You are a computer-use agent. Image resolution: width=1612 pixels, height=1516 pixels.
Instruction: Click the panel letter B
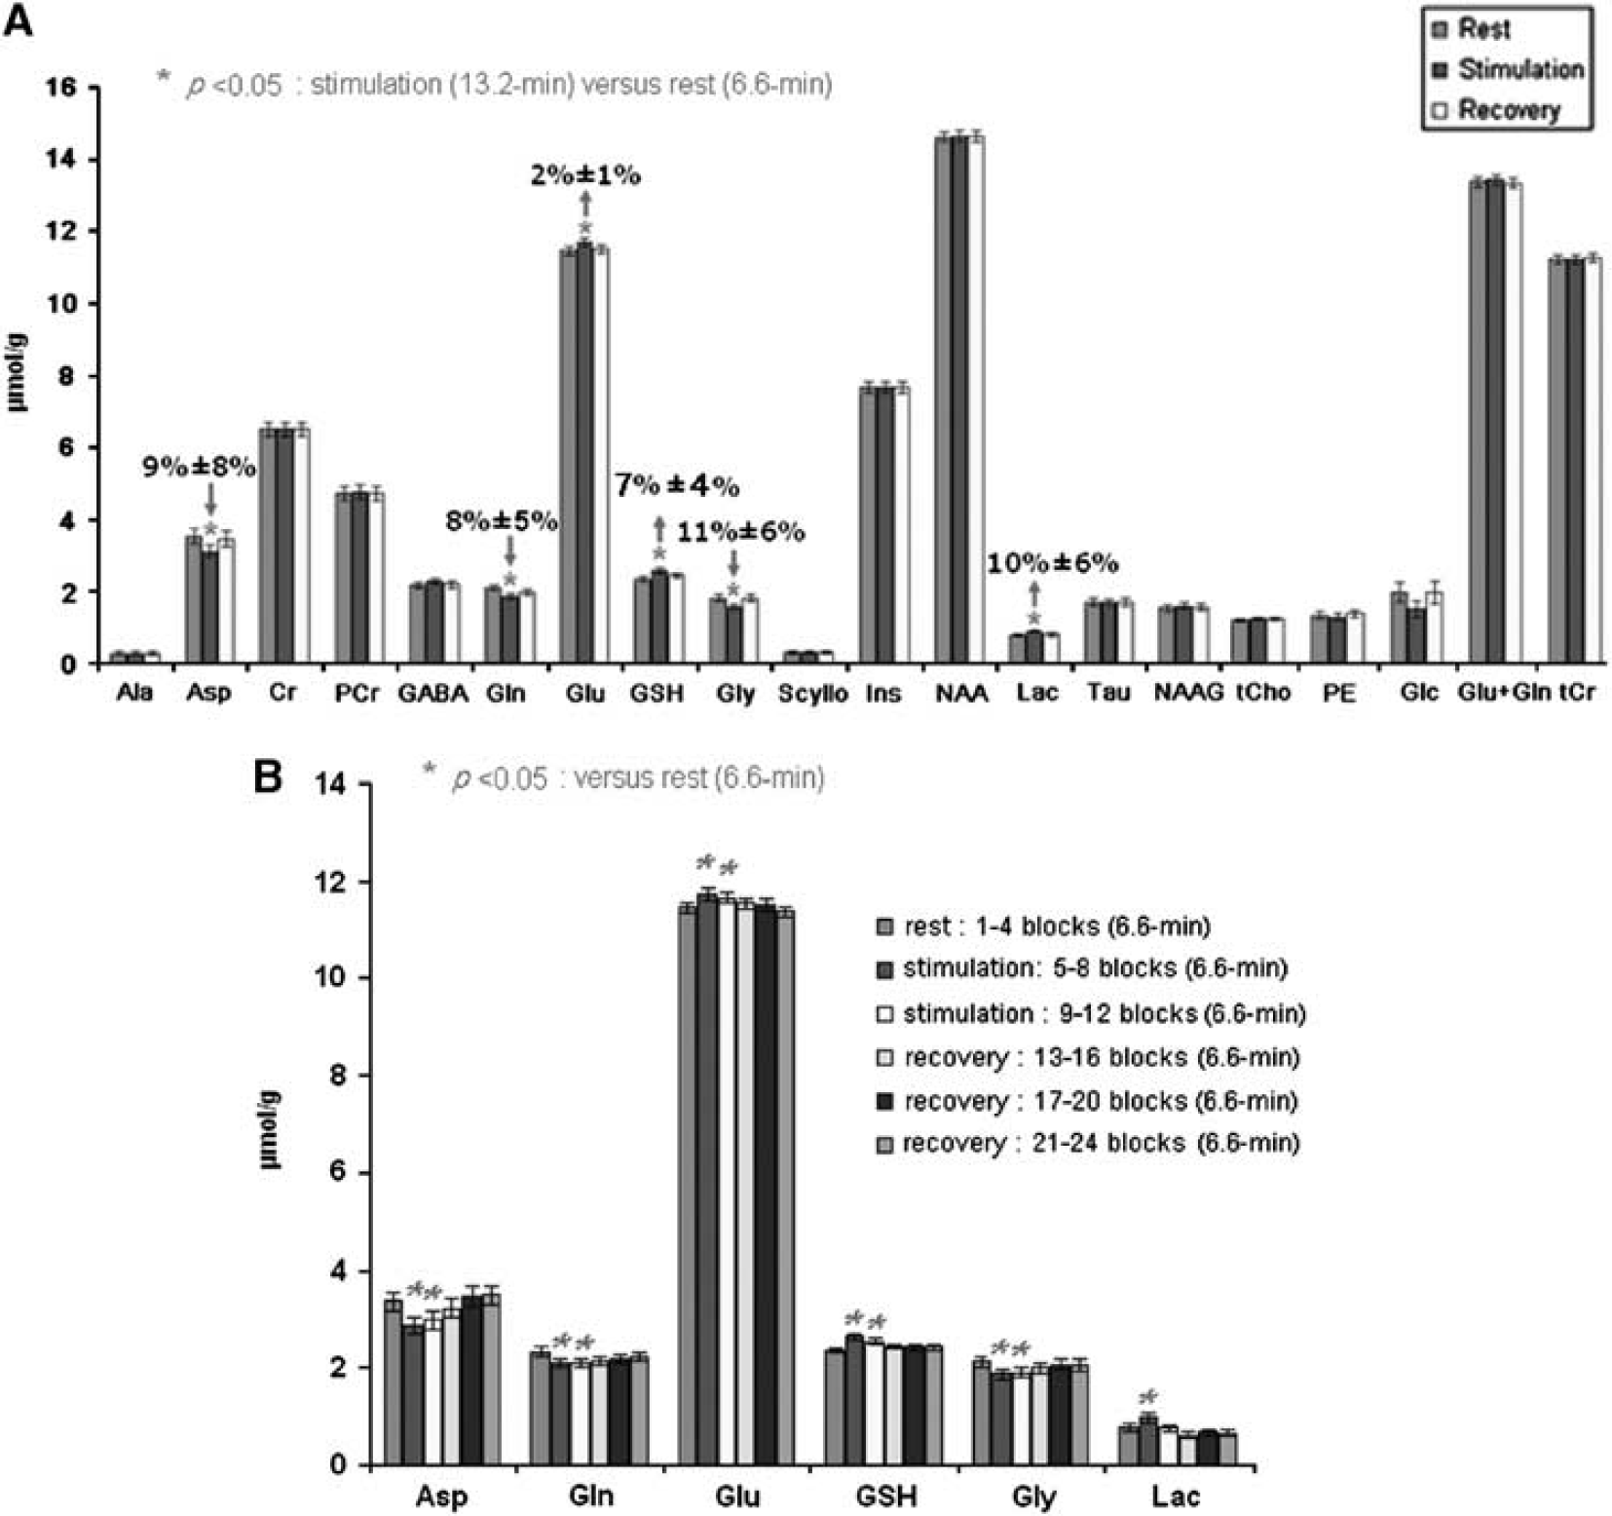click(x=268, y=777)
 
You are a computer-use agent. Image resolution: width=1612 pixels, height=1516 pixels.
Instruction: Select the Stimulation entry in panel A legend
click(x=1509, y=69)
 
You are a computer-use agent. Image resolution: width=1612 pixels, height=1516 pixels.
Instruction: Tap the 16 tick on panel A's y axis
click(x=60, y=88)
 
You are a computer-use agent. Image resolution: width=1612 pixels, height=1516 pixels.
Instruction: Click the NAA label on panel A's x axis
click(x=961, y=693)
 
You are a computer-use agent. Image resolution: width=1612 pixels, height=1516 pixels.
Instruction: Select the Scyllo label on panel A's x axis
click(x=812, y=693)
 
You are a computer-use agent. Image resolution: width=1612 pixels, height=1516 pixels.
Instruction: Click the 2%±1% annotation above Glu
click(x=585, y=175)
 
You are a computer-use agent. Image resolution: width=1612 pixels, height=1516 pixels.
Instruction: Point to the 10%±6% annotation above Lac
click(x=1052, y=563)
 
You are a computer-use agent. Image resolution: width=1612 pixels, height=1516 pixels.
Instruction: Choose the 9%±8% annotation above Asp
click(x=200, y=468)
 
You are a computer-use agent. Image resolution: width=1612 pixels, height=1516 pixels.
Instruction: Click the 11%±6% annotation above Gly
click(x=741, y=532)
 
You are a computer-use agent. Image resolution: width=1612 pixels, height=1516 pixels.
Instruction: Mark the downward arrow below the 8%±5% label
click(x=509, y=551)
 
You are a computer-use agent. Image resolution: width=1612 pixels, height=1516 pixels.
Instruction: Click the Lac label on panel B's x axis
click(x=1176, y=1496)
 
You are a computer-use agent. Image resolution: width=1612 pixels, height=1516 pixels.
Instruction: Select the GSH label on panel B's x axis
click(x=885, y=1496)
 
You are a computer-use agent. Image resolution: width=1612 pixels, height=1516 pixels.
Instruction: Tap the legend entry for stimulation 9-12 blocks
click(x=1091, y=1013)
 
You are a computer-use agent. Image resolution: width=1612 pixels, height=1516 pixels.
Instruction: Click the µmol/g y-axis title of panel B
click(x=269, y=1131)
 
